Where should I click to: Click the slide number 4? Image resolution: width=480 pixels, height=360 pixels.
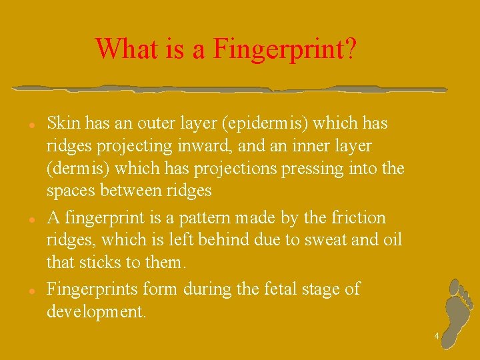click(x=437, y=337)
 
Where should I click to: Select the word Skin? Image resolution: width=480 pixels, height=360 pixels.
click(x=63, y=123)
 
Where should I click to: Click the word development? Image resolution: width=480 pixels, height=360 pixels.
click(x=96, y=312)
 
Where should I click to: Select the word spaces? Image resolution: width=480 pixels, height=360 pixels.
click(x=71, y=191)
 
